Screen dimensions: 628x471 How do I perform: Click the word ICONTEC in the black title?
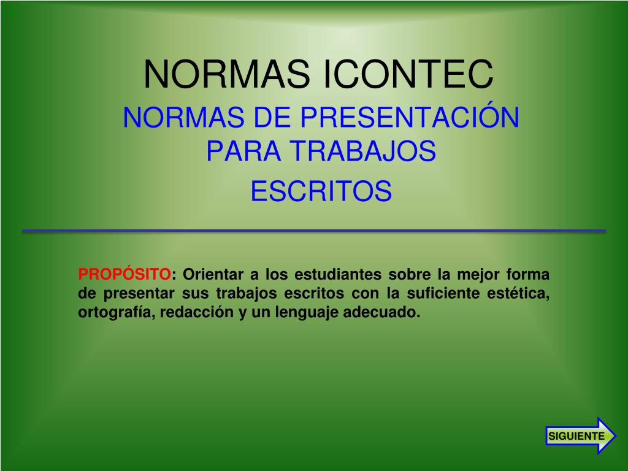click(x=408, y=74)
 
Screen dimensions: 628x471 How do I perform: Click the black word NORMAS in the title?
click(x=227, y=74)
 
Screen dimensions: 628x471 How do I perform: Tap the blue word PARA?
click(x=243, y=151)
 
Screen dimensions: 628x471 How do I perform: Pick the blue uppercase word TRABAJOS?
click(x=363, y=151)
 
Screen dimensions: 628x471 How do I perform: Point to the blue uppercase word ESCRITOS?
click(x=321, y=191)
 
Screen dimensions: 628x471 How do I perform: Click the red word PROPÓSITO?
click(x=124, y=274)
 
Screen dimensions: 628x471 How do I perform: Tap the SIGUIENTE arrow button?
click(x=581, y=436)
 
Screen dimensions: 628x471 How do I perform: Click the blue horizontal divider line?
click(x=314, y=231)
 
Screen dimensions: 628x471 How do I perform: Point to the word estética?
click(x=518, y=293)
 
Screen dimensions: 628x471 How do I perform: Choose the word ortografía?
click(x=115, y=312)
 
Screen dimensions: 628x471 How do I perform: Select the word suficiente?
click(x=443, y=293)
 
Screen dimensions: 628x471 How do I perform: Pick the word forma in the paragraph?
click(x=527, y=275)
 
